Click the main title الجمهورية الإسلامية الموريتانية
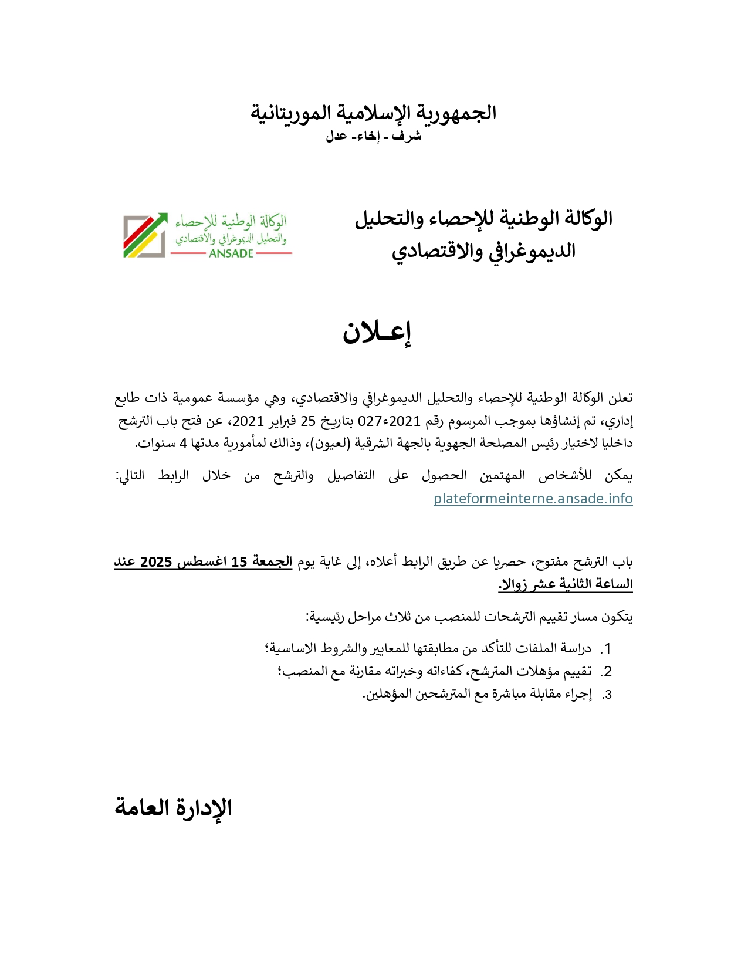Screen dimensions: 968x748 [374, 113]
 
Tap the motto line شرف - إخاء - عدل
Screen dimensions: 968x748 [374, 136]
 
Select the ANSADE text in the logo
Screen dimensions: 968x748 [231, 253]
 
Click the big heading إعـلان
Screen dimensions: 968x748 [377, 333]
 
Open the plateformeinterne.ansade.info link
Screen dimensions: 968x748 [533, 499]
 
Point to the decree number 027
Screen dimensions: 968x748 [370, 421]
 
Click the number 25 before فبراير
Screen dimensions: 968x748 [309, 421]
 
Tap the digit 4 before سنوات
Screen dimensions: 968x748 [183, 443]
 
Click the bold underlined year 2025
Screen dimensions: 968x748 [156, 562]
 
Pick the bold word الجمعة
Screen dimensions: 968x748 [272, 561]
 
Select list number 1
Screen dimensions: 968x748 [607, 649]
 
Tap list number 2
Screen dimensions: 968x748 [607, 672]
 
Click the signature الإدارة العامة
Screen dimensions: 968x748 [174, 808]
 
